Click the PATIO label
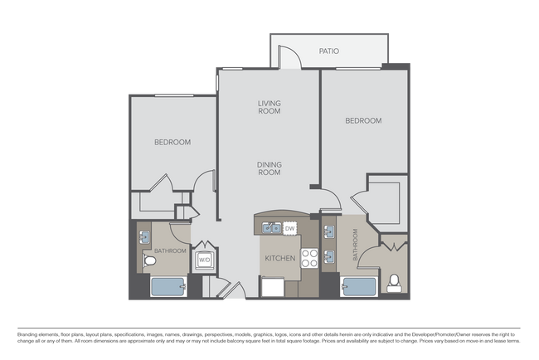pos(329,51)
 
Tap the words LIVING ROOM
pos(269,107)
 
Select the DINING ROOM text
pos(268,168)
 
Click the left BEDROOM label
pos(172,142)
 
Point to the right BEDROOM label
pos(363,120)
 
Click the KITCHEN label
pos(279,259)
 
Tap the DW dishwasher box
pos(290,227)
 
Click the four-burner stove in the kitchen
pos(309,258)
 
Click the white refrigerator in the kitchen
pos(272,286)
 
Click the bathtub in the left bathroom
pos(168,287)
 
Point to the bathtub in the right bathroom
pos(359,287)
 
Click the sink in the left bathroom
pos(143,236)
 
